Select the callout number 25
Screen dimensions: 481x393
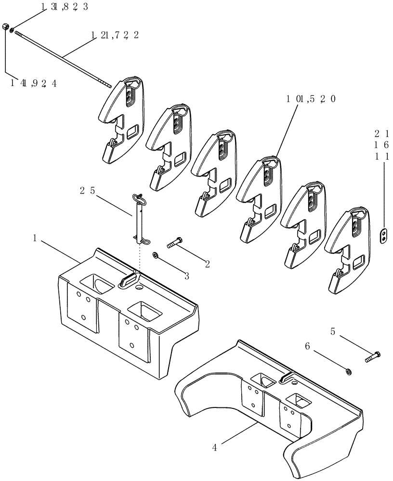click(88, 191)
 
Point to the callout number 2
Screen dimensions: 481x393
click(207, 264)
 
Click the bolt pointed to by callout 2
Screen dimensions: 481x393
click(174, 243)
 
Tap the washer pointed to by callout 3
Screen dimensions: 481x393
click(155, 254)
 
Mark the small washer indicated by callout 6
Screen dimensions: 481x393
click(348, 370)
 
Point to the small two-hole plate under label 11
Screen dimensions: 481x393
click(383, 236)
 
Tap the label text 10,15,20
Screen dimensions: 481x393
click(311, 99)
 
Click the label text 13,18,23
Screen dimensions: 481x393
click(64, 7)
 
